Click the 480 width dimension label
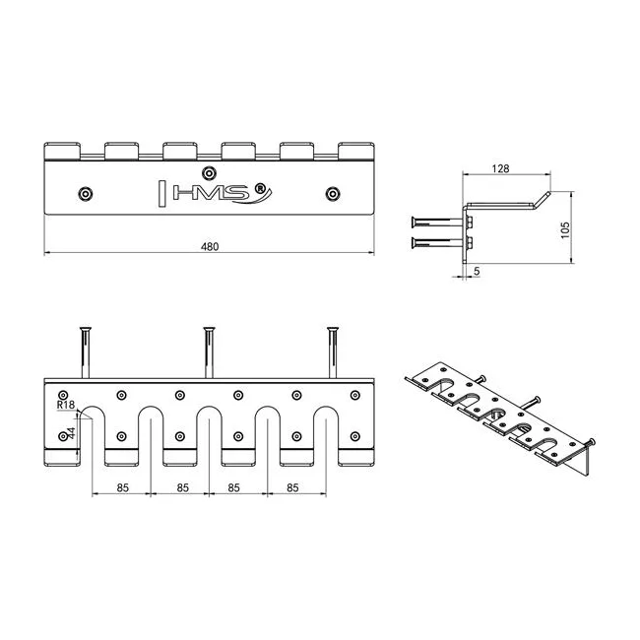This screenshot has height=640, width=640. pyautogui.click(x=210, y=246)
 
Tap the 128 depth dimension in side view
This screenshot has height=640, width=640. pyautogui.click(x=500, y=168)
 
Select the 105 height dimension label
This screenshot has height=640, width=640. pyautogui.click(x=565, y=230)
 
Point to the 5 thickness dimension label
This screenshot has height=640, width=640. pyautogui.click(x=477, y=271)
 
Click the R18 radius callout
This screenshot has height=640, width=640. pyautogui.click(x=66, y=405)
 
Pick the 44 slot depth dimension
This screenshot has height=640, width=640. pyautogui.click(x=71, y=433)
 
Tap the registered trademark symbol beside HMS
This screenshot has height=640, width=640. pyautogui.click(x=259, y=188)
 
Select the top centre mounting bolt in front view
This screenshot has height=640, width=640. pyautogui.click(x=209, y=173)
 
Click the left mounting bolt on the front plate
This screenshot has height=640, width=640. pyautogui.click(x=86, y=193)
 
